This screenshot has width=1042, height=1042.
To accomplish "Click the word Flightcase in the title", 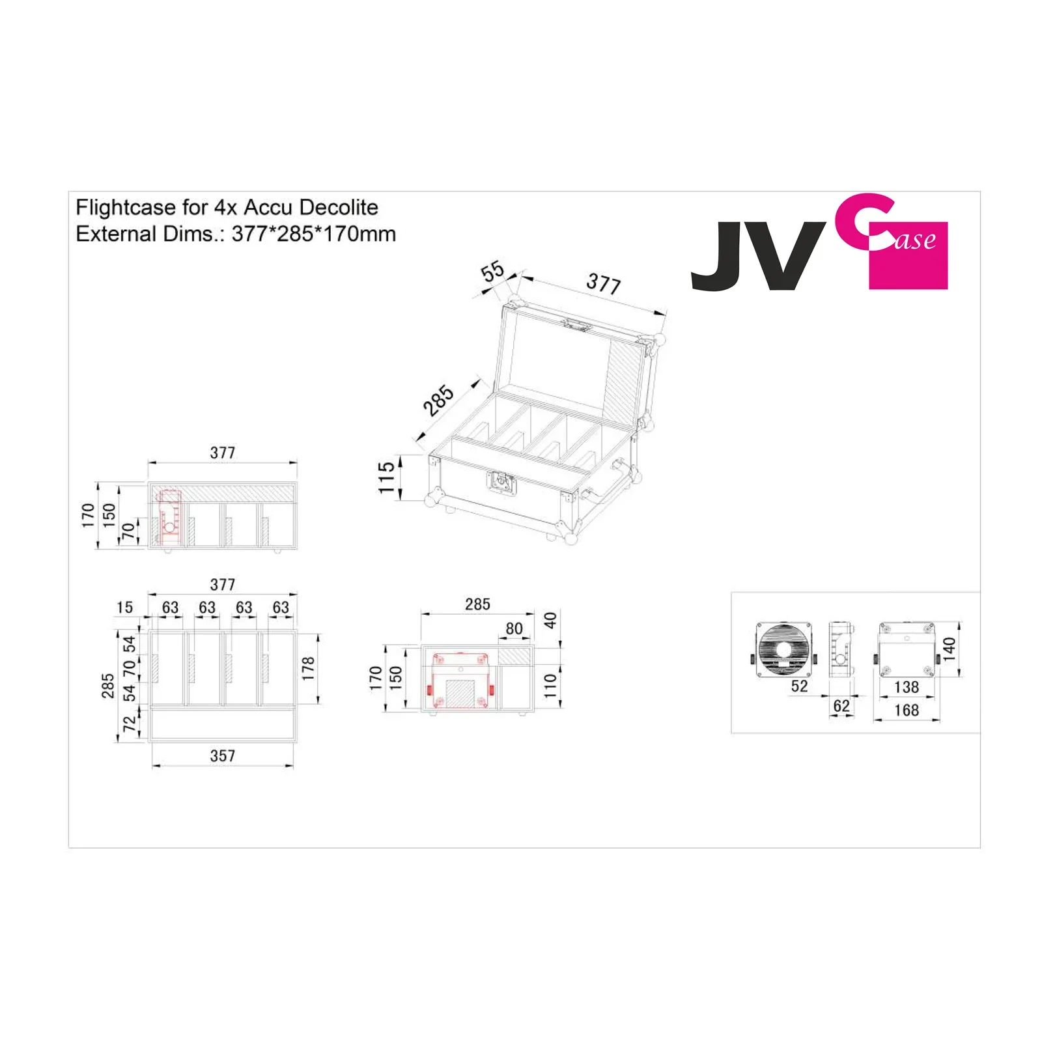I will tap(126, 207).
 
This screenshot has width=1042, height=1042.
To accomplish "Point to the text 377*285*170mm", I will tap(313, 234).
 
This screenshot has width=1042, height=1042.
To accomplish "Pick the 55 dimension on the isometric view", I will tap(493, 271).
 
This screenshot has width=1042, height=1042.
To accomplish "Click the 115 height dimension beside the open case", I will tap(387, 477).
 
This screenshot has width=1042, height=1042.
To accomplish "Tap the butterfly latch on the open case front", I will tap(501, 483).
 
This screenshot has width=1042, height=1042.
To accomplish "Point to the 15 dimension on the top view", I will tap(124, 608).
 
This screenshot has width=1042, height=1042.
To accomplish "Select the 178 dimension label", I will tap(308, 669).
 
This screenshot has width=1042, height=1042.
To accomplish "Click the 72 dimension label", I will tap(130, 723).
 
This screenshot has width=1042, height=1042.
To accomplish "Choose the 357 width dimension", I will tap(222, 755).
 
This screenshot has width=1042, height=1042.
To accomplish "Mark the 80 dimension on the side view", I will tap(514, 628).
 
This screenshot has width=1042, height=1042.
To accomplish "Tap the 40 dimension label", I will tap(550, 620).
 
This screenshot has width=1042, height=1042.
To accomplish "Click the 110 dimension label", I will tap(550, 686).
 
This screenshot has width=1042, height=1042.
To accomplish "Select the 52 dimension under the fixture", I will tap(799, 686).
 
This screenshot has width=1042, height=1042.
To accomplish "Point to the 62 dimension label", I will tap(841, 705).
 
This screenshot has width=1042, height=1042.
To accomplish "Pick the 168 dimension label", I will tap(906, 710).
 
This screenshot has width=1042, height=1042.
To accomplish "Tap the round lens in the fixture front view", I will tap(784, 649).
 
